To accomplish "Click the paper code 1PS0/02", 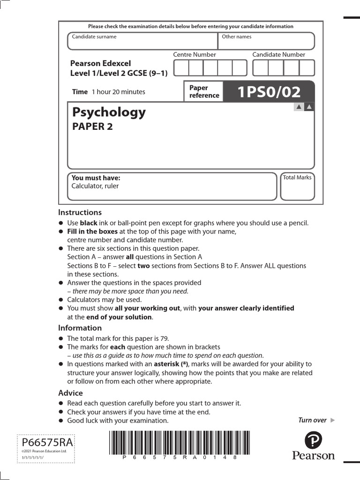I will pyautogui.click(x=269, y=92).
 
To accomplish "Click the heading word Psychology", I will pyautogui.click(x=109, y=112).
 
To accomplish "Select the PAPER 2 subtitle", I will pyautogui.click(x=92, y=127).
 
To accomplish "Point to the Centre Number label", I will pyautogui.click(x=195, y=55).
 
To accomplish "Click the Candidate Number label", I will pyautogui.click(x=278, y=55).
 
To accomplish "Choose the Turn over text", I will pyautogui.click(x=313, y=420).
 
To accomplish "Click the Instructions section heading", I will pyautogui.click(x=80, y=212).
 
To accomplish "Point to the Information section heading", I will pyautogui.click(x=80, y=328).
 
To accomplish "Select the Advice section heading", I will pyautogui.click(x=70, y=393).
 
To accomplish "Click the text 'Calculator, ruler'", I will pyautogui.click(x=95, y=186).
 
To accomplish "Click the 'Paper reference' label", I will pyautogui.click(x=204, y=91).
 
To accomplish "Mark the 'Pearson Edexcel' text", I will pyautogui.click(x=100, y=63).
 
